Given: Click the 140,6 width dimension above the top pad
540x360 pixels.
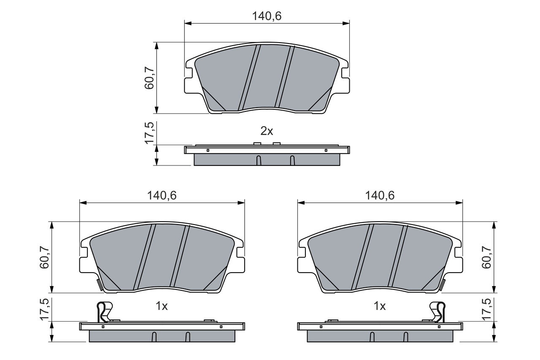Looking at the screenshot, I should click(267, 16).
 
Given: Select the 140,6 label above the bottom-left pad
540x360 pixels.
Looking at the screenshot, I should click(162, 195).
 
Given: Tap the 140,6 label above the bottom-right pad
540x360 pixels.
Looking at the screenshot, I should click(380, 195).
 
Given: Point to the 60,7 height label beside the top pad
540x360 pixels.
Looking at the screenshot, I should click(149, 78).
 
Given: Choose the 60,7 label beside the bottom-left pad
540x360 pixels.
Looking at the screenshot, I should click(44, 257).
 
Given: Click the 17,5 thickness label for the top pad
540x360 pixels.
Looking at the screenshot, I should click(149, 133).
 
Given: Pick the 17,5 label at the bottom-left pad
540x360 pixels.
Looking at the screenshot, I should click(44, 310).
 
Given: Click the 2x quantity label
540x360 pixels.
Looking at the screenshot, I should click(267, 131).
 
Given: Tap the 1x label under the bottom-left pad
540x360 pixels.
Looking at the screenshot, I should click(162, 306).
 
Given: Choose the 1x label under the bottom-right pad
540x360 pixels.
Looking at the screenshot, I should click(380, 306).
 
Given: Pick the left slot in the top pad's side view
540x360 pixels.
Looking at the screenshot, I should click(259, 160).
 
